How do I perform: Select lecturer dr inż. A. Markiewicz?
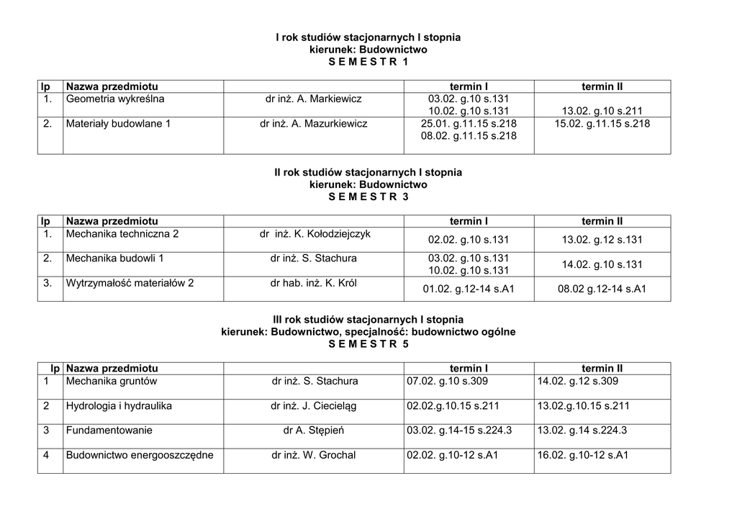tap(314, 99)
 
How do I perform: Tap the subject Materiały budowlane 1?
tap(118, 124)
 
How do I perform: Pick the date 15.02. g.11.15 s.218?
tap(602, 124)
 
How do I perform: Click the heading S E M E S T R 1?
tap(368, 63)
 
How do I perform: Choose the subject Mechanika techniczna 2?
tap(122, 234)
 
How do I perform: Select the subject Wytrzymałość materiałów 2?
tap(130, 283)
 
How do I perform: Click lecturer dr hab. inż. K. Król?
tap(314, 283)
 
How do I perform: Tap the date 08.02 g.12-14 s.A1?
tap(602, 289)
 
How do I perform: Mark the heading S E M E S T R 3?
tap(368, 197)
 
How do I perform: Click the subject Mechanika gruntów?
tap(111, 381)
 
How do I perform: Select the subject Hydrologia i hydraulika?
tap(119, 406)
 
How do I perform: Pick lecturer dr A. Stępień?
tap(314, 431)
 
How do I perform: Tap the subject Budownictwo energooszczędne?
tap(140, 455)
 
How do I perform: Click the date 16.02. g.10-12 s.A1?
tap(583, 455)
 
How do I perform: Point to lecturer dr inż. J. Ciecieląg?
tap(314, 406)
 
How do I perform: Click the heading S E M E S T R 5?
tap(368, 344)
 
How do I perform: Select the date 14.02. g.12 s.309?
tap(577, 381)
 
